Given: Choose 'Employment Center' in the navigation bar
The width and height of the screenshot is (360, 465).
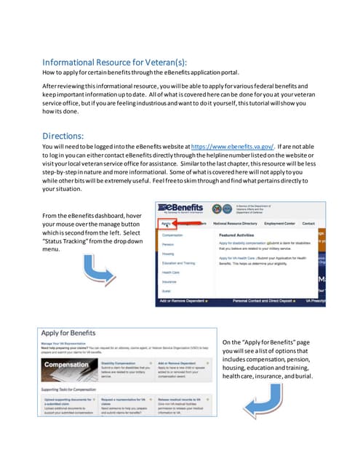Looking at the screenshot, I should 279,224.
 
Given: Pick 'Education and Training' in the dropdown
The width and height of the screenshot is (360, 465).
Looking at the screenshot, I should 178,262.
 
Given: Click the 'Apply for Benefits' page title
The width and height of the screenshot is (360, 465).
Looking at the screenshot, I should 72,331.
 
